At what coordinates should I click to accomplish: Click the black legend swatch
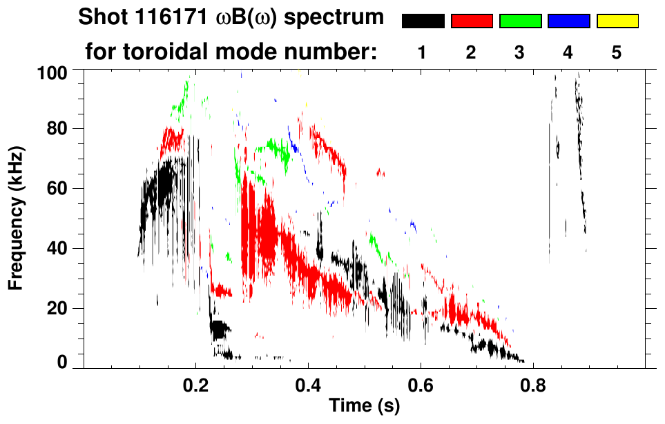[423, 21]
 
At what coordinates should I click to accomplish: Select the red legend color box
[472, 21]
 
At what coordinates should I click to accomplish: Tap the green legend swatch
[520, 21]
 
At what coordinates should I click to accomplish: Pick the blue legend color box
[568, 21]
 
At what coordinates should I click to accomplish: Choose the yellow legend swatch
[617, 21]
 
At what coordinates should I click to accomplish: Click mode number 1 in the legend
[423, 52]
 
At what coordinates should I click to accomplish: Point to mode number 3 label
[520, 52]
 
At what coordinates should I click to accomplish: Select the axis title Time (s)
[364, 407]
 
